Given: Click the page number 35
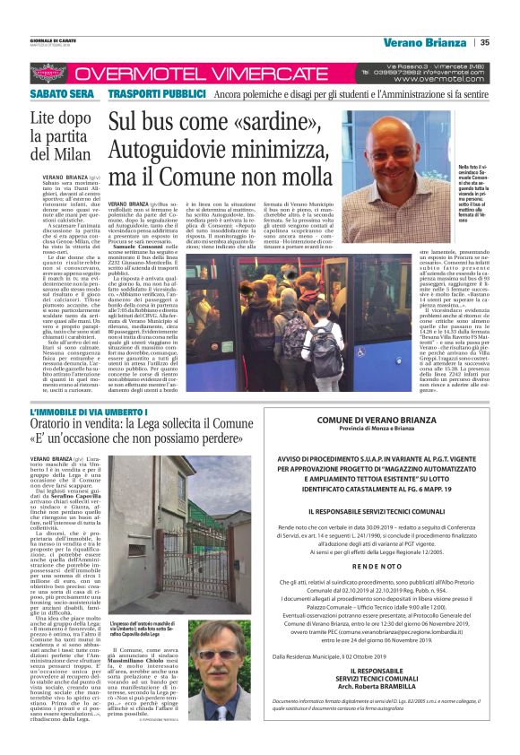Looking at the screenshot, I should pyautogui.click(x=484, y=42).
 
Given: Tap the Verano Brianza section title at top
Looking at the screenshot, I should pyautogui.click(x=423, y=42).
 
